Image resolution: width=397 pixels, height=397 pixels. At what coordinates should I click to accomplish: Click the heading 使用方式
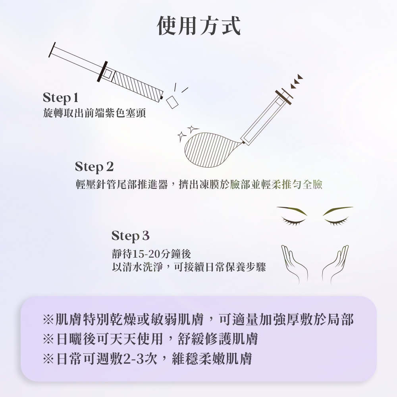click(x=199, y=26)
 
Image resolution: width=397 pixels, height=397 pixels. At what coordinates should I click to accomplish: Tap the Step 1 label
click(x=60, y=98)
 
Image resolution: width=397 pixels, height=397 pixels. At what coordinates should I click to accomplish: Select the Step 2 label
click(x=94, y=167)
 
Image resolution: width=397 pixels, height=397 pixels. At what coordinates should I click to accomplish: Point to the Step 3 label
click(x=130, y=236)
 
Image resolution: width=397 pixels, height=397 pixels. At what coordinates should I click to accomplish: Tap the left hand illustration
click(x=294, y=263)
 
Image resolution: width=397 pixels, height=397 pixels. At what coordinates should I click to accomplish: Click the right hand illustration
click(x=335, y=263)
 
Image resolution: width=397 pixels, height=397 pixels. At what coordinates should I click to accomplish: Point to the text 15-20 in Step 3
click(x=146, y=254)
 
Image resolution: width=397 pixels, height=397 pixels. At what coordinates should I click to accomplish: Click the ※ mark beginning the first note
click(x=48, y=320)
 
